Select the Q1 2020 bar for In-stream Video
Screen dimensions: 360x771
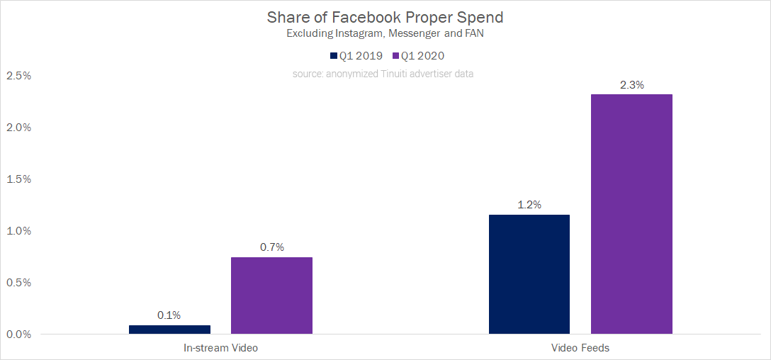point(271,296)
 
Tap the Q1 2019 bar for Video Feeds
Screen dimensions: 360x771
point(529,274)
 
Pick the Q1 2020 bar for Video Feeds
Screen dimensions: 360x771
point(631,214)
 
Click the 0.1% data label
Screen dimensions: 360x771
point(169,315)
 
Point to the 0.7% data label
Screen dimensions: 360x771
point(271,247)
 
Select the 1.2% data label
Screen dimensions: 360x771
point(529,205)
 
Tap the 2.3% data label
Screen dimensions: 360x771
point(631,85)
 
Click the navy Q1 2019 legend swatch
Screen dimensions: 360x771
point(333,56)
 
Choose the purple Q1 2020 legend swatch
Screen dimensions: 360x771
point(395,56)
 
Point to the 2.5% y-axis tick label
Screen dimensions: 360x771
point(18,76)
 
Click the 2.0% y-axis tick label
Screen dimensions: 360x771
point(18,128)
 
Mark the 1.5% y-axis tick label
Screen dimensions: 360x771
point(18,179)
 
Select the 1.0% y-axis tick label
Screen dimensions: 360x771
point(18,231)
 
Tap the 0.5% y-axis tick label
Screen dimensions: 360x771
point(18,283)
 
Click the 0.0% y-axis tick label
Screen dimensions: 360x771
point(18,334)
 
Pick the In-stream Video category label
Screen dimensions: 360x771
point(220,348)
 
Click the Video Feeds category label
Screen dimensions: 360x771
point(580,348)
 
